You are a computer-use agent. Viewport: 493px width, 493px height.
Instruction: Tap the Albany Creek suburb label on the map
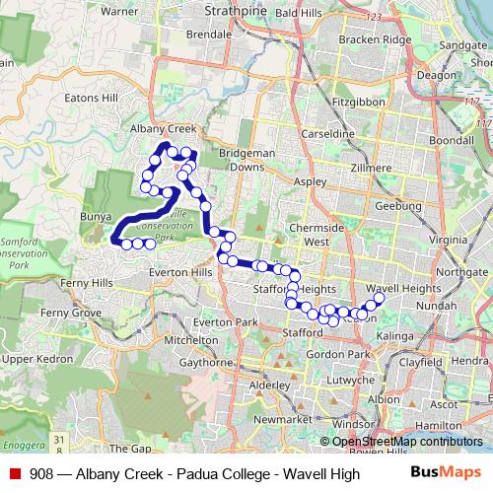[166, 129]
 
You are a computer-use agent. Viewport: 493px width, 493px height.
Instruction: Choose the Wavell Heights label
[409, 288]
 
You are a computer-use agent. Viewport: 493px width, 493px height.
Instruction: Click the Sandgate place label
[462, 45]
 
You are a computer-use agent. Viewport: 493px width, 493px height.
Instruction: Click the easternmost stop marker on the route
[379, 298]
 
